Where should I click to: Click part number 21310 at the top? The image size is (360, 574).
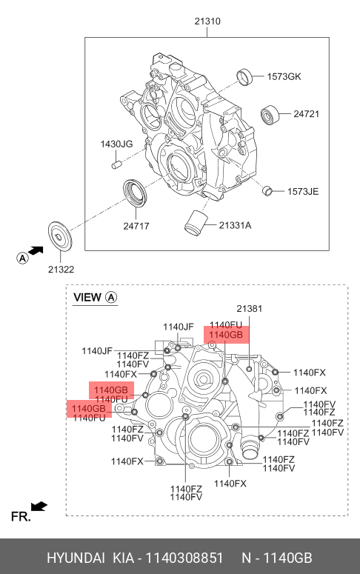click(x=207, y=21)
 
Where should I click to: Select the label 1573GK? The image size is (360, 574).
click(x=284, y=76)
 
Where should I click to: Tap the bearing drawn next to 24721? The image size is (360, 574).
click(x=270, y=115)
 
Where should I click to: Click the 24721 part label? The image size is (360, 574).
click(x=306, y=114)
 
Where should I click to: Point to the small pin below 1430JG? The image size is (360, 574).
click(x=116, y=164)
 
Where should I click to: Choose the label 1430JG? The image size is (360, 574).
click(x=116, y=144)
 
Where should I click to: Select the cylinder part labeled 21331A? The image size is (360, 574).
click(x=196, y=223)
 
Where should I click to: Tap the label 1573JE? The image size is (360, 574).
click(x=303, y=191)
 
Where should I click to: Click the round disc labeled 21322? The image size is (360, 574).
click(x=61, y=237)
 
